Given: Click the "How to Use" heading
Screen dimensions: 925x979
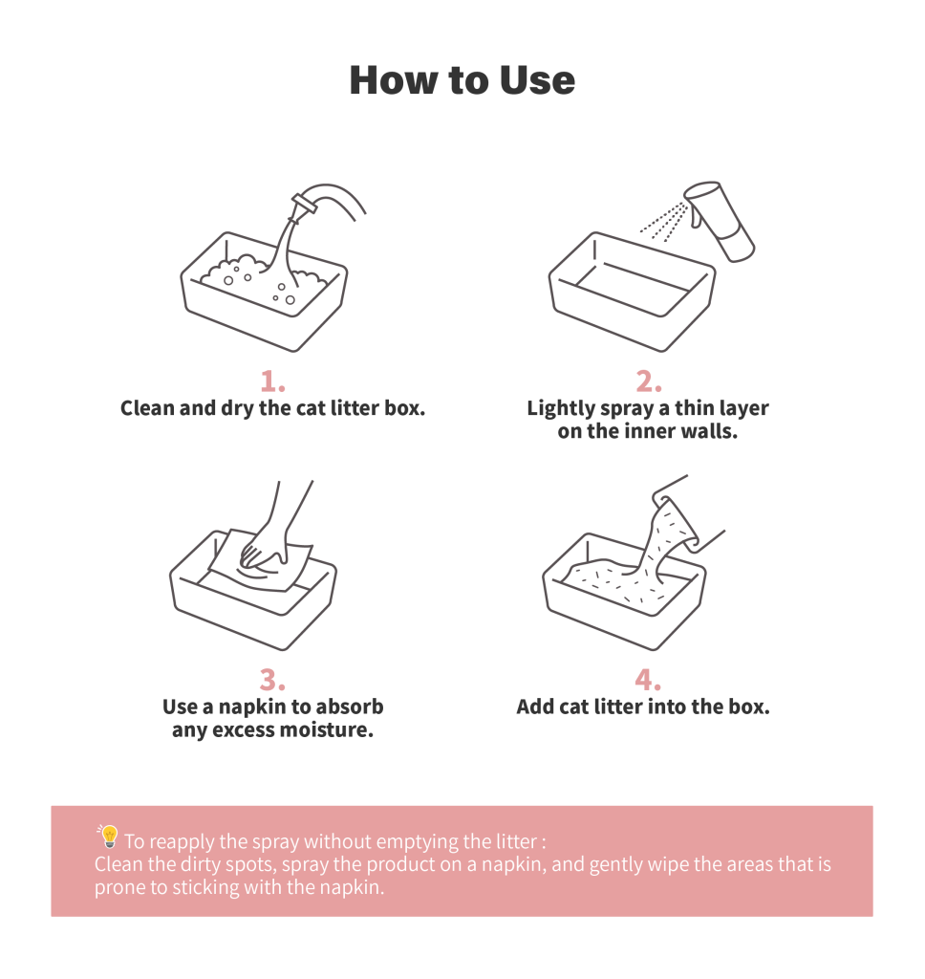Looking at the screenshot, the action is pos(462,80).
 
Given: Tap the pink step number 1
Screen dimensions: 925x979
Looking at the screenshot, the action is pos(272,381).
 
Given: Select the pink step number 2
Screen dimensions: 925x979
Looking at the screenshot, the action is pos(649,381).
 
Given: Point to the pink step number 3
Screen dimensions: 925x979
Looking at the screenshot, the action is pos(272,680).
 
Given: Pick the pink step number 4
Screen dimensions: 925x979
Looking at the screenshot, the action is pos(648,680).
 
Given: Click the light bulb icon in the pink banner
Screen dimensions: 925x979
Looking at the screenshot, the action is pos(109,837).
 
